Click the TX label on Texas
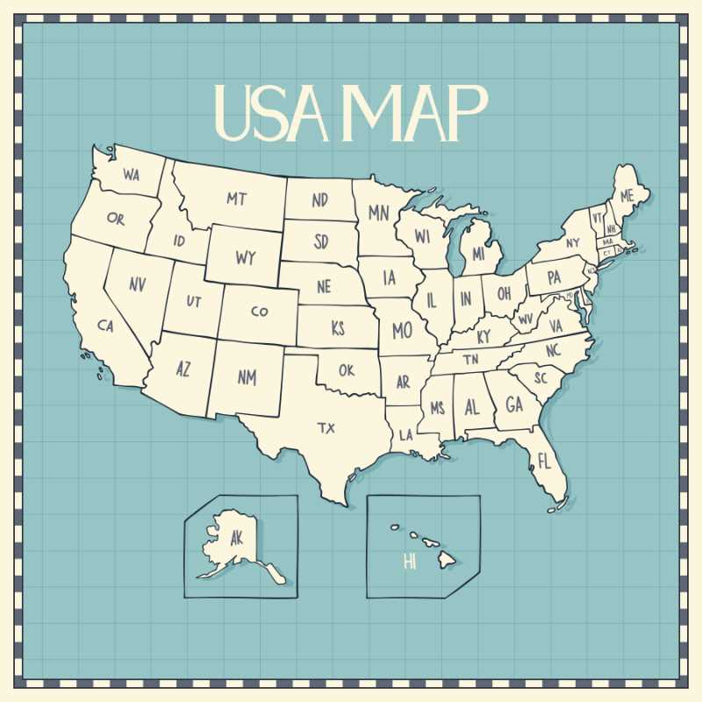click(326, 428)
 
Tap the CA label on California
click(106, 326)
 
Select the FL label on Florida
click(544, 461)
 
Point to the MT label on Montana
click(236, 199)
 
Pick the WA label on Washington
click(132, 175)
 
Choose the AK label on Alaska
click(236, 538)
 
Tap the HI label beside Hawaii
click(410, 562)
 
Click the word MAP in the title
click(411, 112)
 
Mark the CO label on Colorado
click(260, 312)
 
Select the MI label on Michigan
click(478, 254)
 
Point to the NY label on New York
click(572, 243)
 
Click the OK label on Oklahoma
click(347, 370)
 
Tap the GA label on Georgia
click(514, 405)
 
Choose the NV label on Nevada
click(138, 284)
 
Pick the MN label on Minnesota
click(378, 212)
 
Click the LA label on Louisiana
click(406, 434)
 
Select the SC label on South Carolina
click(541, 377)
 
